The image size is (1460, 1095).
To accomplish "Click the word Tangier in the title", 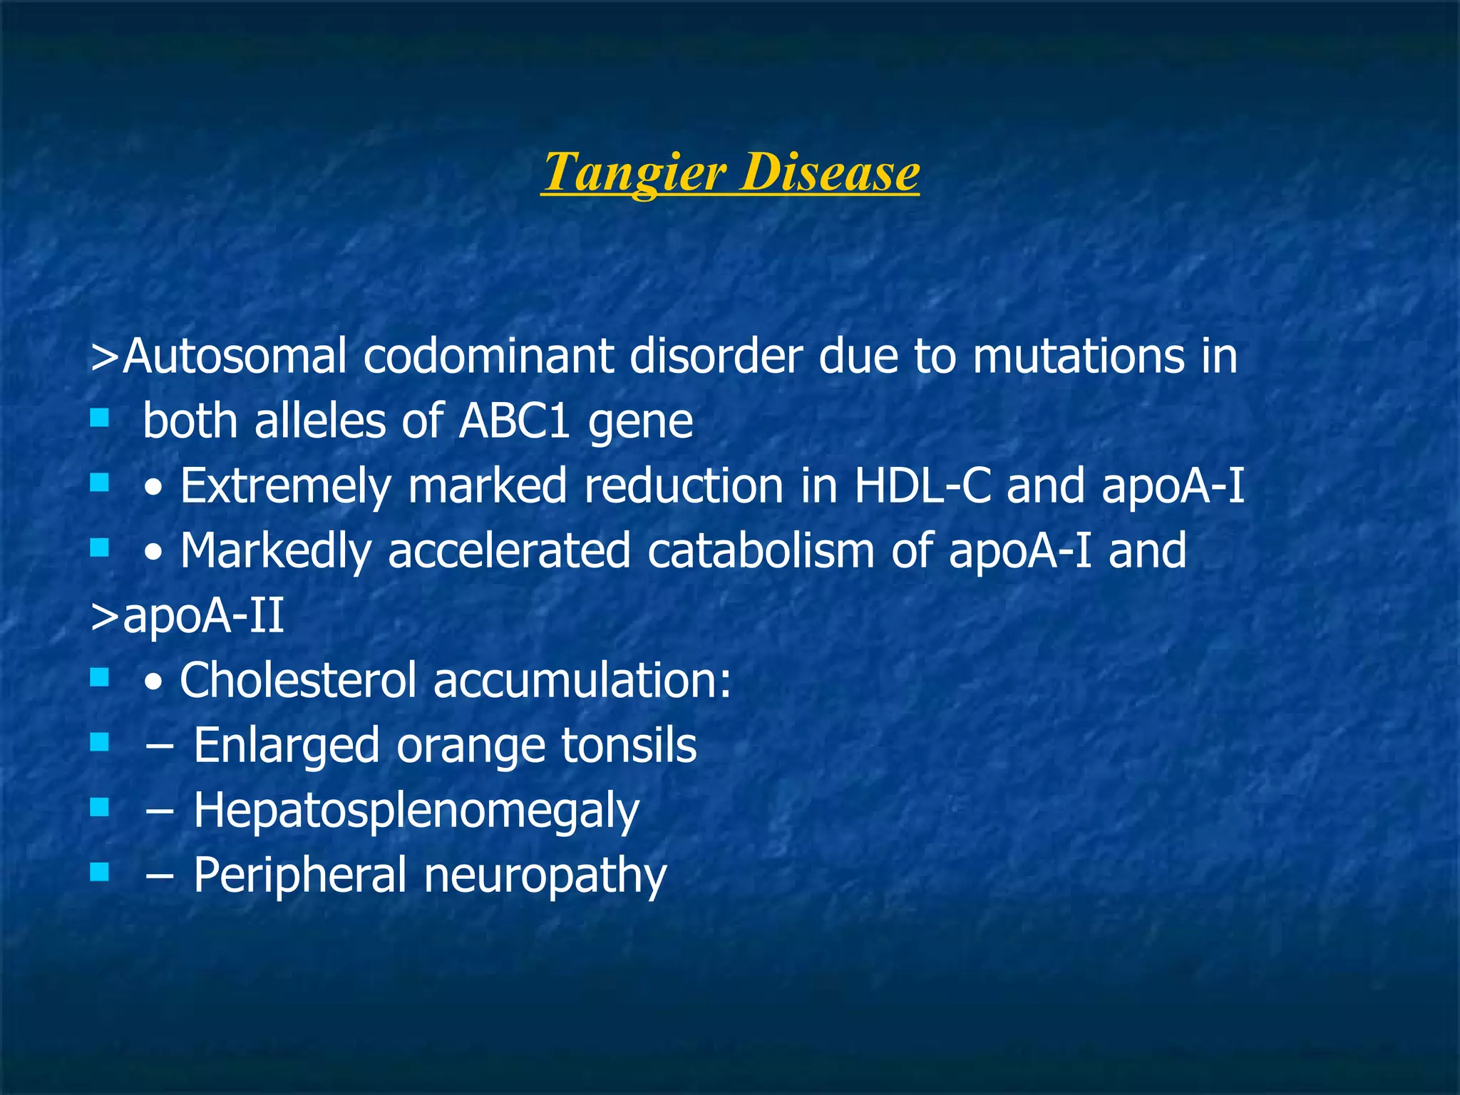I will point(634,173).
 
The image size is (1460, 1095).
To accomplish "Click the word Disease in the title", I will point(828,173).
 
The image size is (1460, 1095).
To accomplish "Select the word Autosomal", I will point(235,356).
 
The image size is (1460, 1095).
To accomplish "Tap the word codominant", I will point(488,356).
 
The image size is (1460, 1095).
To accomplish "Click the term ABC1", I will point(514,421).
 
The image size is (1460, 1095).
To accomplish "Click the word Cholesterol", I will point(298,680).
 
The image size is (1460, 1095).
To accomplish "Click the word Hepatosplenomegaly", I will point(416,811).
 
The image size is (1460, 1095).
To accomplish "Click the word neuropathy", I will point(545,877).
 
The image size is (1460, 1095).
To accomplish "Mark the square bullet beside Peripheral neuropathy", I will point(99,871).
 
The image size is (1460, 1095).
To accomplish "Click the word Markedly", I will point(276,552).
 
